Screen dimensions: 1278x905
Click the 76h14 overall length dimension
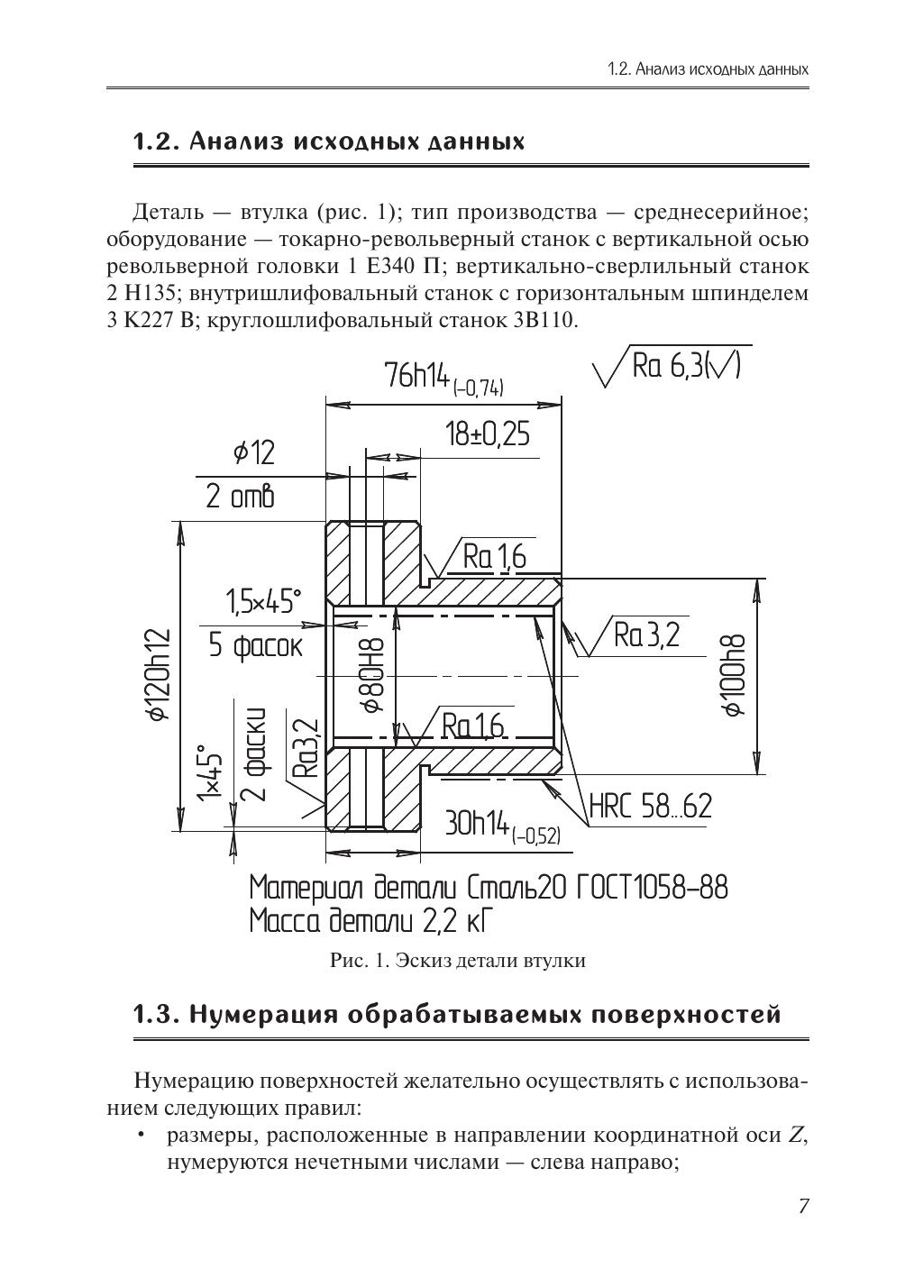click(443, 379)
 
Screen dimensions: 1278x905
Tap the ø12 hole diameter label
click(253, 452)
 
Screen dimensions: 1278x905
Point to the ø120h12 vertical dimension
click(159, 674)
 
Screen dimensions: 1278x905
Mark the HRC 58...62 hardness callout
click(650, 807)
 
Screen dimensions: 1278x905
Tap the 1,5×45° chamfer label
click(262, 601)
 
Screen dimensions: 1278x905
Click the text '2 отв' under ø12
click(239, 498)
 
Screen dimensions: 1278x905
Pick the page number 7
click(803, 1206)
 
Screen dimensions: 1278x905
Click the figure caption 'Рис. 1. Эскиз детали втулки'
click(458, 961)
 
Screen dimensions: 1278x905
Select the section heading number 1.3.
click(154, 1015)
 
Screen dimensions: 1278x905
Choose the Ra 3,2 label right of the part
click(645, 636)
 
